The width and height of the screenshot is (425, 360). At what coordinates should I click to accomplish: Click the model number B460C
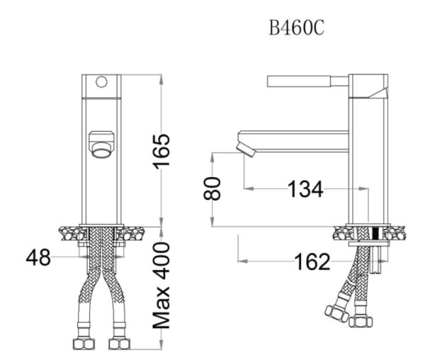(x=297, y=28)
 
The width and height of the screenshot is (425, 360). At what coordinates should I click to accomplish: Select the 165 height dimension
(x=162, y=152)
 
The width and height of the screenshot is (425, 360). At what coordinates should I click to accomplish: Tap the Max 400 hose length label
(x=161, y=286)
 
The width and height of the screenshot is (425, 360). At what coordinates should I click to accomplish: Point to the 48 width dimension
(x=38, y=257)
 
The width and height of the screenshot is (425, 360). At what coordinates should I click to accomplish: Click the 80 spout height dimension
(x=212, y=189)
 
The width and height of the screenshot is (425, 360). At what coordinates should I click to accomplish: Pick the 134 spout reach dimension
(x=305, y=189)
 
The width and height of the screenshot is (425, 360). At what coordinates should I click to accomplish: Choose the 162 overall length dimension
(x=312, y=261)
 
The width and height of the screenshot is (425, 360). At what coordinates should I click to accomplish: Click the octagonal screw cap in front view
(x=101, y=81)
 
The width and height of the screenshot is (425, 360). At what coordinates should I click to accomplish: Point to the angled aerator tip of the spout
(x=246, y=150)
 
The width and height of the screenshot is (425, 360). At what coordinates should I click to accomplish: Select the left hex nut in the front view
(x=84, y=344)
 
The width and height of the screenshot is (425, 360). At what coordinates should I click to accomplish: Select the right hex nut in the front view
(x=120, y=344)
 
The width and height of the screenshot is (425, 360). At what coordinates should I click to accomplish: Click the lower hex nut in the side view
(x=361, y=322)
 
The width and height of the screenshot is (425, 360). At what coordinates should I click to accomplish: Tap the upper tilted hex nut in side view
(x=337, y=314)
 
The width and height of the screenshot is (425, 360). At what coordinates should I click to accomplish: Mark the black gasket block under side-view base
(x=375, y=234)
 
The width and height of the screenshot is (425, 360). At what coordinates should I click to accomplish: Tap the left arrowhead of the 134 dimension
(x=249, y=188)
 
